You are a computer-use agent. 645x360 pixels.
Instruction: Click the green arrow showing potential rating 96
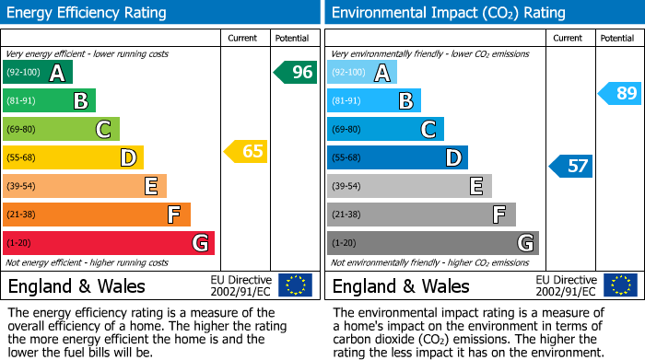point(295,72)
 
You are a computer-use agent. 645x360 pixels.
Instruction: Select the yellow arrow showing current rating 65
point(246,151)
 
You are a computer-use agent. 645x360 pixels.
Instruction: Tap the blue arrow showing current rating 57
point(571,166)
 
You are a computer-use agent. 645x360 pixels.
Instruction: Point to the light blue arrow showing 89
point(620,93)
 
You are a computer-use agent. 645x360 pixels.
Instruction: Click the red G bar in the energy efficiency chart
point(109,243)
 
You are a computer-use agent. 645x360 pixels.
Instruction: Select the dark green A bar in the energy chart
point(38,73)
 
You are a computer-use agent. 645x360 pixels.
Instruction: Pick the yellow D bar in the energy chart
point(73,157)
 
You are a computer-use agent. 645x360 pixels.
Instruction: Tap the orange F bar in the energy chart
point(97,215)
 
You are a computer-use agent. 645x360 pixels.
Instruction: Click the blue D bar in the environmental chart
point(397,157)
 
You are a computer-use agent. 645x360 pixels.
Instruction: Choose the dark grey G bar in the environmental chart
point(432,243)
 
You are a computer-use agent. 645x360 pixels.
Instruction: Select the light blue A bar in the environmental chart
point(362,73)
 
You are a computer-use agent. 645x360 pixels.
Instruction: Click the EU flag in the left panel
point(295,285)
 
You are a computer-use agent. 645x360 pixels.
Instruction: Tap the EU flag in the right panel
point(619,285)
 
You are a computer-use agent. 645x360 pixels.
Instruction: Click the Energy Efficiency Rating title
point(88,13)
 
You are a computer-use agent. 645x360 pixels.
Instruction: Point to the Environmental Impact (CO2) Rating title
point(448,13)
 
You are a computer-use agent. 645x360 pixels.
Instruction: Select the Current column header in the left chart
point(242,38)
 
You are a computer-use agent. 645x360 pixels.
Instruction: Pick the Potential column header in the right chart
point(616,38)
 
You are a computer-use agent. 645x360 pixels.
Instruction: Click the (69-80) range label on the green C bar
point(22,130)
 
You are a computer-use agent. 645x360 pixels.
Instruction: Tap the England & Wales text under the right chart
point(401,285)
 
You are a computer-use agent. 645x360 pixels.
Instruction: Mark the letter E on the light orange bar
point(150,186)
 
